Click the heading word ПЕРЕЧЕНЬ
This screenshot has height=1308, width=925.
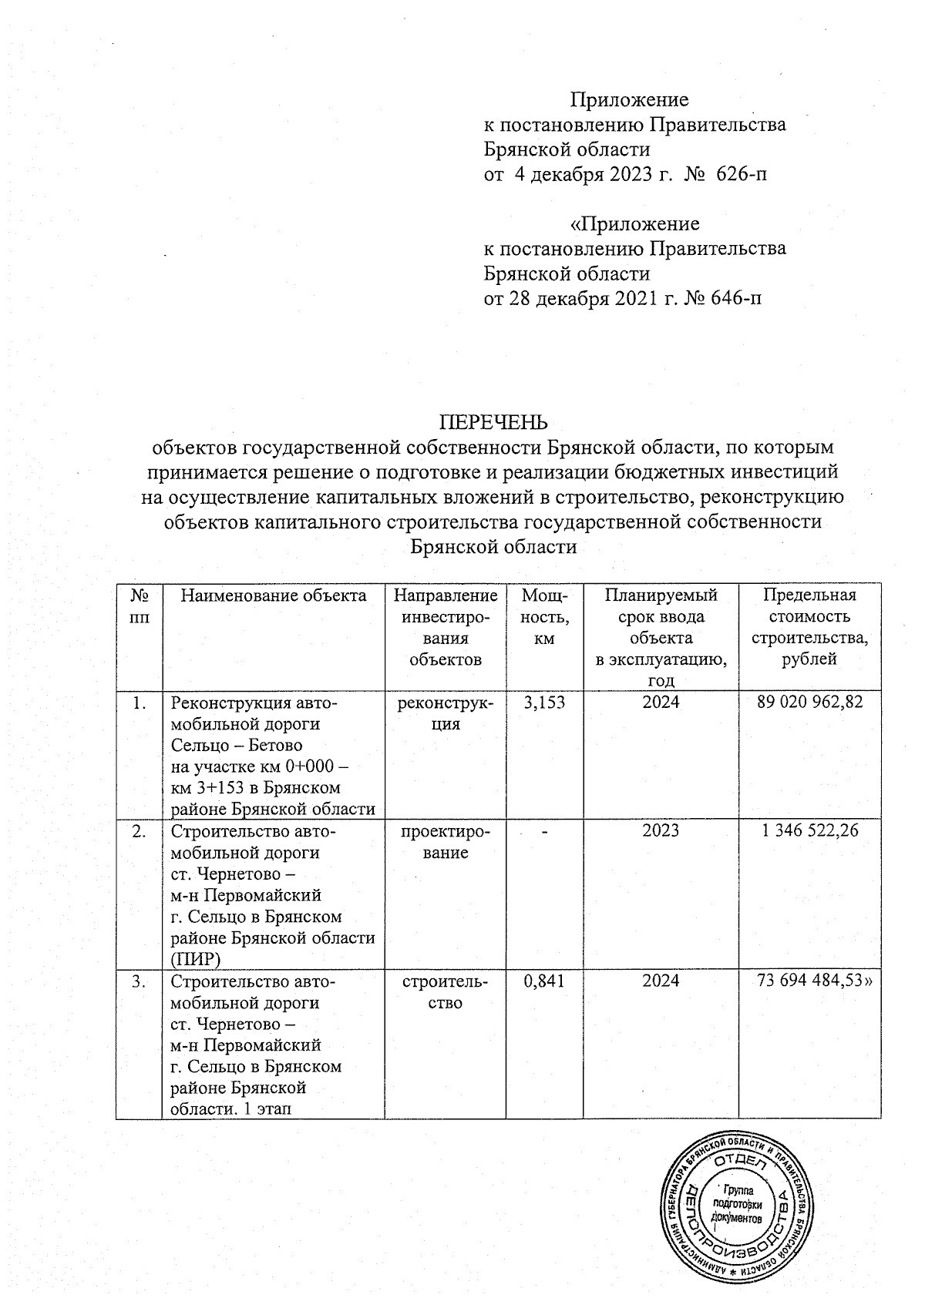click(493, 422)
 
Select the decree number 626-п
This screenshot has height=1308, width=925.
click(742, 175)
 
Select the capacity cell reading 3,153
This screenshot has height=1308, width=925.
click(544, 702)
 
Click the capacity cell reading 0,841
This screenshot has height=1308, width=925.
click(544, 981)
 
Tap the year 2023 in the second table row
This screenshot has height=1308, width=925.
click(661, 830)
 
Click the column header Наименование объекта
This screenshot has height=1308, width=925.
click(274, 595)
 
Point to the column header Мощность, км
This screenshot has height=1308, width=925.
click(544, 617)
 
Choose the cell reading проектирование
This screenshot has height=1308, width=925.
click(446, 841)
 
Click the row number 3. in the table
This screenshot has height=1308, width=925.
click(138, 981)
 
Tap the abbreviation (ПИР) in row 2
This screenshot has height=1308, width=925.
click(196, 959)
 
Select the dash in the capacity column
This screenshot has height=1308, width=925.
click(543, 831)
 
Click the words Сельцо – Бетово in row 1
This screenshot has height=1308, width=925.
click(236, 745)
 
